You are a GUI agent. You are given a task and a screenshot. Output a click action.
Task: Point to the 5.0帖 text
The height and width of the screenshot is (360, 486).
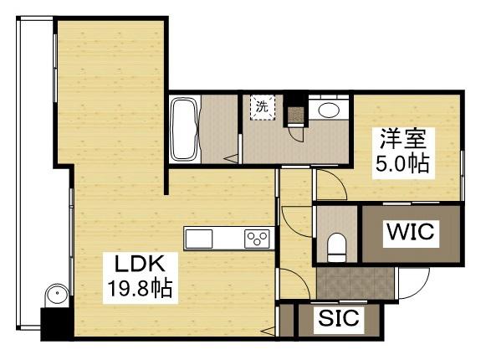click(402, 162)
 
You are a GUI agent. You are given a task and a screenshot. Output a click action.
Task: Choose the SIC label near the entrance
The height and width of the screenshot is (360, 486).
click(338, 319)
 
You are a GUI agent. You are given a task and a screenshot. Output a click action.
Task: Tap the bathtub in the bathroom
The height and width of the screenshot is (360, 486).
click(183, 129)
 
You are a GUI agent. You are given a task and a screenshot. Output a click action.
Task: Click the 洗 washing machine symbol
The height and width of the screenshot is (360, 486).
click(262, 108)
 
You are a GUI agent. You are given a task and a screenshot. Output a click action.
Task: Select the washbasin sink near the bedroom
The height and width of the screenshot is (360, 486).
click(329, 109)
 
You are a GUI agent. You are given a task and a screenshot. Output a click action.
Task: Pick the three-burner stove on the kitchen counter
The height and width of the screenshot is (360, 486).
click(257, 239)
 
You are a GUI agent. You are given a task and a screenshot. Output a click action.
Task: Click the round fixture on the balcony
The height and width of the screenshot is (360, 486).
click(55, 295)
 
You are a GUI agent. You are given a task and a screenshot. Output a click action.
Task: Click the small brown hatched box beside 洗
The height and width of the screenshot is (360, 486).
click(296, 114)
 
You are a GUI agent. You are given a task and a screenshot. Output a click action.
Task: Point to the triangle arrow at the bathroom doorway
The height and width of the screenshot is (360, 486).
click(233, 159)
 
